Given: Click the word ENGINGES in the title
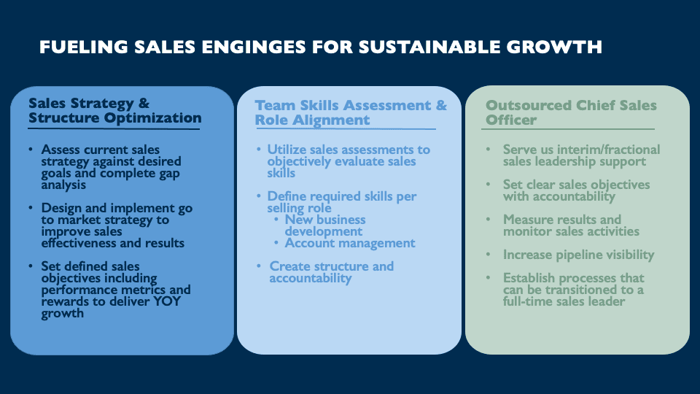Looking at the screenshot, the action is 254,47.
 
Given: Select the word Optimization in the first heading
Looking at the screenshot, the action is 152,118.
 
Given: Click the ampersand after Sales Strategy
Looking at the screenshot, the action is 144,104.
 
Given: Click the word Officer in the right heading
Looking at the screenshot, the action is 511,120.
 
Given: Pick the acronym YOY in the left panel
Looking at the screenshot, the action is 167,301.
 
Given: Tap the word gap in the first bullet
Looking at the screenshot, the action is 168,174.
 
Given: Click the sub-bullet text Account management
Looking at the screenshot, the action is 350,243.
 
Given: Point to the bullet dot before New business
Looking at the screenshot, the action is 276,220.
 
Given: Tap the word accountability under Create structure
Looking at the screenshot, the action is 311,278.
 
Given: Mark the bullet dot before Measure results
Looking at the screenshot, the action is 489,220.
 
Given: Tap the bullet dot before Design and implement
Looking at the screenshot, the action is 31,208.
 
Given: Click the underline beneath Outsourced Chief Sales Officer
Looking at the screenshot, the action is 568,129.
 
